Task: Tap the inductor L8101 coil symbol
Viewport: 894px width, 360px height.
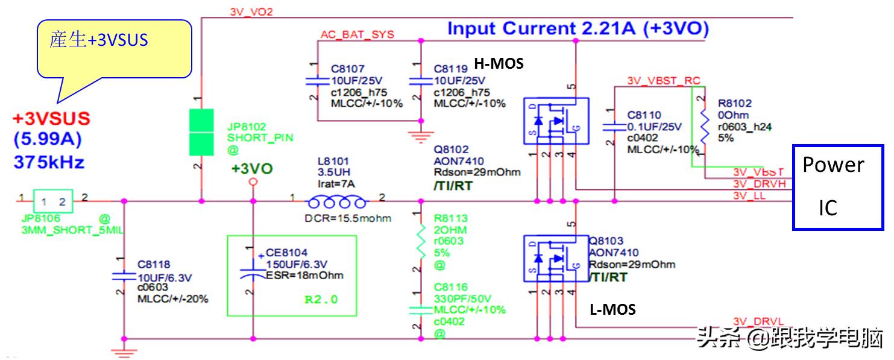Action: (x=337, y=201)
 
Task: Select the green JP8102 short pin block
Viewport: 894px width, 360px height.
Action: (x=201, y=132)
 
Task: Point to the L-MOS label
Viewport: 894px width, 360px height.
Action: (x=612, y=310)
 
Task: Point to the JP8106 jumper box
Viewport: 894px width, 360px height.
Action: (x=53, y=201)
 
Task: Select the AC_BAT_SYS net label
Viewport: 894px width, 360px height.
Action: (x=357, y=34)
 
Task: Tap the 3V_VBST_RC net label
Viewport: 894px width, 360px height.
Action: (x=663, y=80)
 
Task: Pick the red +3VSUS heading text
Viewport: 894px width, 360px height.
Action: (x=52, y=119)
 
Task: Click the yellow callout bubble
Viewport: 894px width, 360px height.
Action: (x=113, y=48)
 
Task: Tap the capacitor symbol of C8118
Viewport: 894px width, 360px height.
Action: (x=124, y=276)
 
